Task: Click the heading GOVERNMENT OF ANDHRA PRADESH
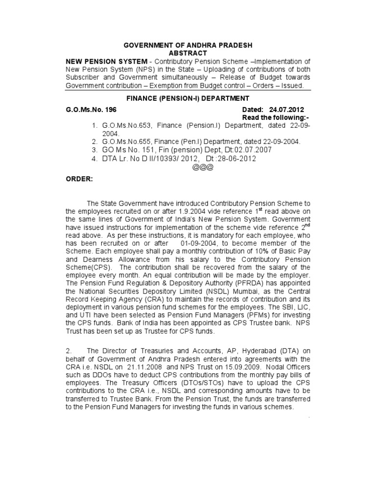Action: click(188, 45)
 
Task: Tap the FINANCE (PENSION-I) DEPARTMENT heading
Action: click(188, 98)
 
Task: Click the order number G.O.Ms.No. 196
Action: click(91, 111)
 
